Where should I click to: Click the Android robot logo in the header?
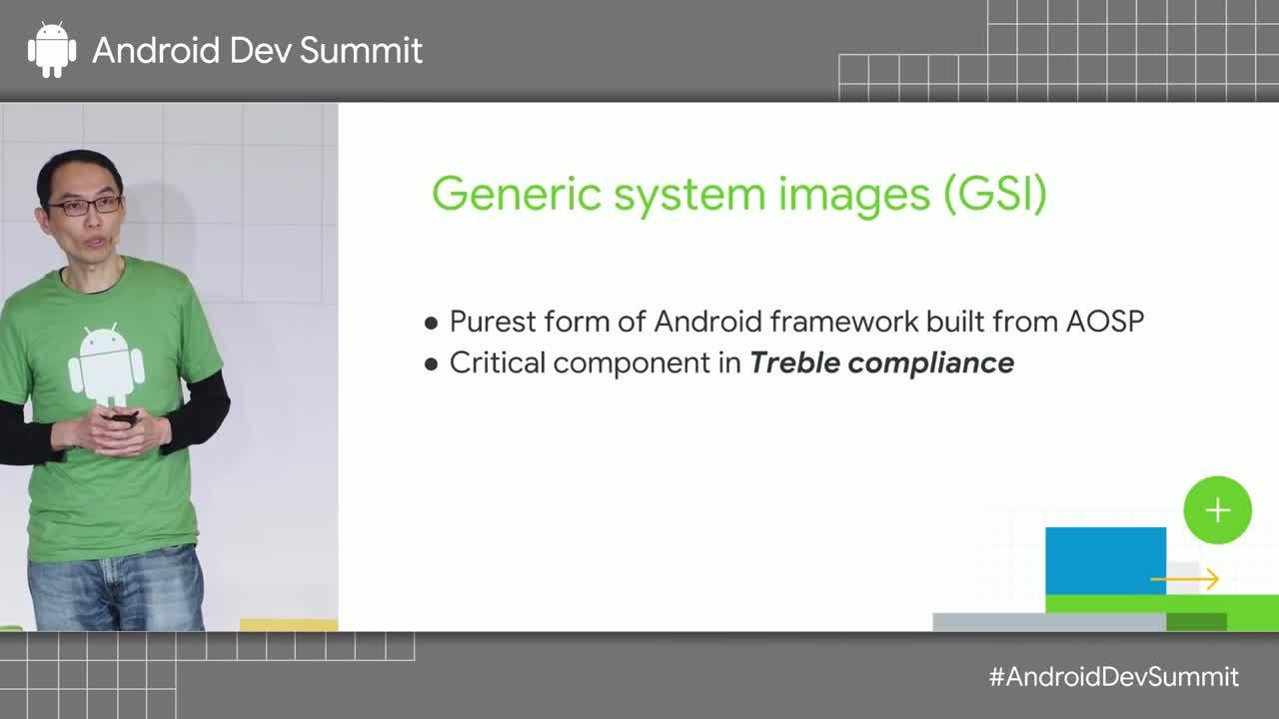click(x=52, y=50)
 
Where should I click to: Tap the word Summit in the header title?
click(x=361, y=50)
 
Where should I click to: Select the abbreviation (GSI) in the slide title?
click(x=995, y=195)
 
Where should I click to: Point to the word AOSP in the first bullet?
click(x=1105, y=322)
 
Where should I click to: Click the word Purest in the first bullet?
click(x=493, y=322)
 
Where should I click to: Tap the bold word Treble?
click(x=794, y=362)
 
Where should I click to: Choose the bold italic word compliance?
click(x=931, y=363)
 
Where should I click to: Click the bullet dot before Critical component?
click(x=431, y=364)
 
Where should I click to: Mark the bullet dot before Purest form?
click(x=431, y=324)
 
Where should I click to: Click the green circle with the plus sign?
click(x=1217, y=510)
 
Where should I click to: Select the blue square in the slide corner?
click(x=1106, y=561)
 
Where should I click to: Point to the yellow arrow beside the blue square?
click(x=1185, y=579)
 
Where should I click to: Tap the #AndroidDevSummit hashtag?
click(x=1114, y=677)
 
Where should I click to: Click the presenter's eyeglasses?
click(x=86, y=206)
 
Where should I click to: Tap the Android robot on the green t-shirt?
click(x=106, y=364)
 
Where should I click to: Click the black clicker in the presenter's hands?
click(x=121, y=418)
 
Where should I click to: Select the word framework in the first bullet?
click(x=844, y=322)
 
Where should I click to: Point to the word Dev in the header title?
click(x=260, y=50)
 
